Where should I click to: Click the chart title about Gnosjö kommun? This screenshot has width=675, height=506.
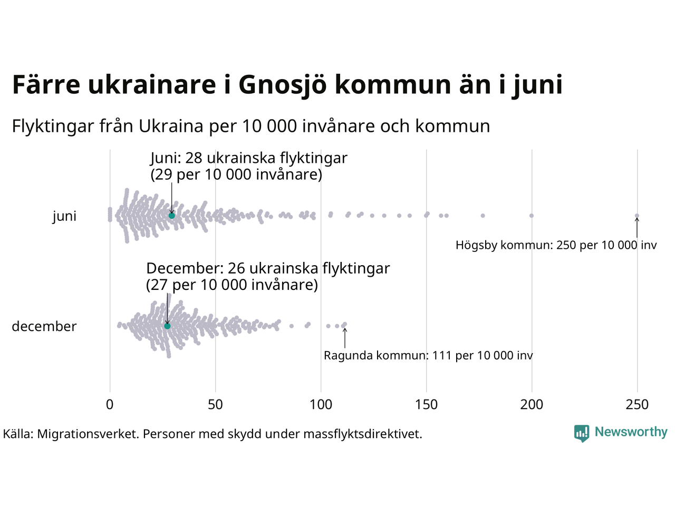pos(287,85)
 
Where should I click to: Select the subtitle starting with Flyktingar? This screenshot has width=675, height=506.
pos(251,126)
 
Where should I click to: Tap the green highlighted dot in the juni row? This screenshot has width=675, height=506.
pos(171,216)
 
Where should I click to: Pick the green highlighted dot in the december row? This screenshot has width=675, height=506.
pos(167,326)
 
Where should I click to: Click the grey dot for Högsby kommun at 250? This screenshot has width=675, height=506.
pos(637,216)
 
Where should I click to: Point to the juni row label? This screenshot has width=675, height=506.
pos(64,216)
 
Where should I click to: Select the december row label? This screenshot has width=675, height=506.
pos(44,327)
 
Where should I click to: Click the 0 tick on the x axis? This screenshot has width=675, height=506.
pos(110,405)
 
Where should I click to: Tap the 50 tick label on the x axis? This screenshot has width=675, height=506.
pos(215,405)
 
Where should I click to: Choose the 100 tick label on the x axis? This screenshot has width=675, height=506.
pos(321,405)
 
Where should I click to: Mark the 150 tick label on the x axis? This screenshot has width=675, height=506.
pos(426,405)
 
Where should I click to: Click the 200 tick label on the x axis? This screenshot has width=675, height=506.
pos(532,405)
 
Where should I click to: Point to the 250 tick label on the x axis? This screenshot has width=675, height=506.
pos(637,405)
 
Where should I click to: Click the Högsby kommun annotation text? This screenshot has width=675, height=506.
pos(556,245)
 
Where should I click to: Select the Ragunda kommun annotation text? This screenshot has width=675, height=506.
pos(428,356)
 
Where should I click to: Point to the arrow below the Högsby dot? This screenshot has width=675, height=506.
pos(637,228)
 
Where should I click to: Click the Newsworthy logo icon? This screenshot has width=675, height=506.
pos(582,433)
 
